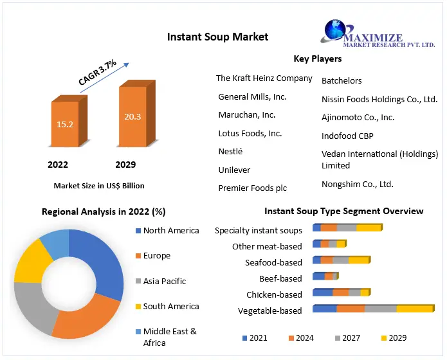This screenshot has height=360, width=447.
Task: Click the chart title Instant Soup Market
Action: (x=217, y=37)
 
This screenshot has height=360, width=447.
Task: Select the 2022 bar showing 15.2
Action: (x=64, y=123)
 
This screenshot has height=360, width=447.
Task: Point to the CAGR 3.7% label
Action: (x=97, y=73)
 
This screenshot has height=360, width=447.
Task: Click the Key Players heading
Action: (x=317, y=59)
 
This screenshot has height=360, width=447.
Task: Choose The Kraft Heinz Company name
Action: (x=264, y=78)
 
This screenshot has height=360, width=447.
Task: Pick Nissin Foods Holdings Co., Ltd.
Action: (x=379, y=99)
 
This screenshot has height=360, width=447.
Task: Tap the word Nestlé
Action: (x=230, y=152)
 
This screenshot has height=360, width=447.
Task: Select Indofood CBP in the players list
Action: (x=347, y=136)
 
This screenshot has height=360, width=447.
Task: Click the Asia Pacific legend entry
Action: (x=164, y=281)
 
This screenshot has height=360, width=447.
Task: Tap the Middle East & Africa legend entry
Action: (x=169, y=337)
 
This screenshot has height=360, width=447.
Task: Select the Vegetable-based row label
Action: (x=269, y=311)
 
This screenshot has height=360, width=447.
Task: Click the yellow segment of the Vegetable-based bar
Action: (x=414, y=309)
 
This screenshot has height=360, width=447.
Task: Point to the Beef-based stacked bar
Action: (x=325, y=276)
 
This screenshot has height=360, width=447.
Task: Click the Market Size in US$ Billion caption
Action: (x=99, y=186)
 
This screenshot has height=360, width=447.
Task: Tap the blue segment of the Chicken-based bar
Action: (x=322, y=293)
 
